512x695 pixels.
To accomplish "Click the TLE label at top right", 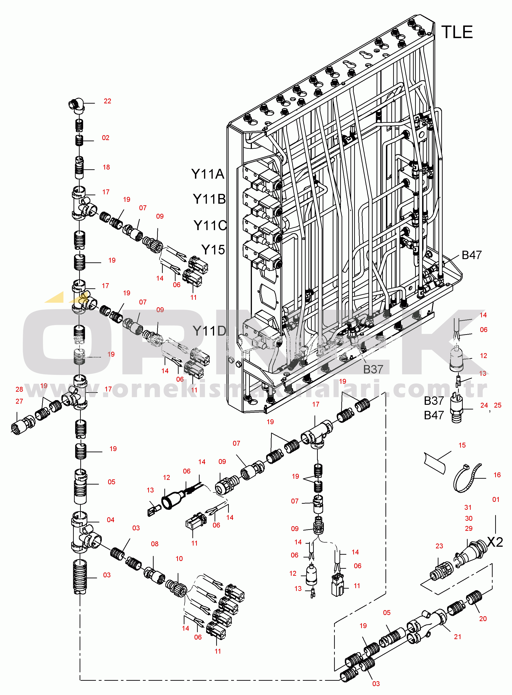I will click(x=457, y=33).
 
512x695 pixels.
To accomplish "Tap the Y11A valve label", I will click(x=208, y=174).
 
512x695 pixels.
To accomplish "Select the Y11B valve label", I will click(x=209, y=199).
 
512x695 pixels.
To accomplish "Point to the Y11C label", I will click(x=210, y=226).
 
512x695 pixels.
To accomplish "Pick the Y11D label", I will click(x=209, y=331).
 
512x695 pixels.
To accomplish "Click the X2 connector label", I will click(x=495, y=542).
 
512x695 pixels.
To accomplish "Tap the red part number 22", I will click(x=107, y=101).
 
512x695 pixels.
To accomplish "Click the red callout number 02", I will click(x=106, y=138).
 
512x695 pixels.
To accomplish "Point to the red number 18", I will click(x=106, y=167).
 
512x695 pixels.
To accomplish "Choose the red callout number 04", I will click(x=111, y=520).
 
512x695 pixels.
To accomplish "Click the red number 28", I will click(x=19, y=389).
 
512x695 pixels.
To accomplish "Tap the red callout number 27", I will click(x=19, y=401).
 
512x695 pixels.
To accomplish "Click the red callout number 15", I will click(x=462, y=445).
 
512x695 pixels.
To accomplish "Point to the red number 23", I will click(x=439, y=546).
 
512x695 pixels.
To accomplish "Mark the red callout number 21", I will click(x=457, y=637).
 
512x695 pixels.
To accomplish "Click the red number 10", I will click(x=179, y=559).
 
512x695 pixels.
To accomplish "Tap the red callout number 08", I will click(x=155, y=544).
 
